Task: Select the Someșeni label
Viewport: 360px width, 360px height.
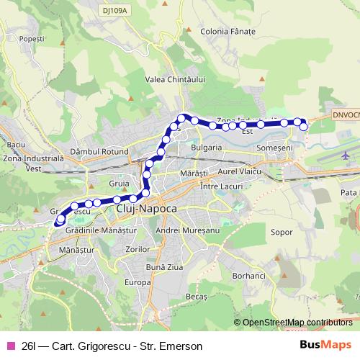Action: (x=273, y=147)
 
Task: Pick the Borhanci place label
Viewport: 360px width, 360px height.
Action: (x=250, y=276)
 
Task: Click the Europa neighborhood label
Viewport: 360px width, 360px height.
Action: (x=137, y=282)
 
